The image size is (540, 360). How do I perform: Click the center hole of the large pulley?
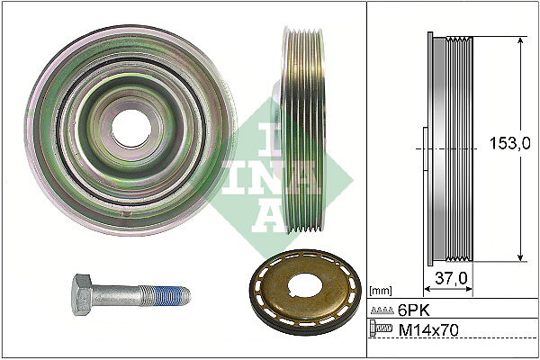pos(131,129)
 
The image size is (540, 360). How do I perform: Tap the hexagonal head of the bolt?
pos(81,294)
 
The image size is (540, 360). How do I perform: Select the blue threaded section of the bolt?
pos(166,296)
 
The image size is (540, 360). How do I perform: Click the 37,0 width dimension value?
pos(451,278)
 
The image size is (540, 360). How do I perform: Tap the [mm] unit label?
pos(381,291)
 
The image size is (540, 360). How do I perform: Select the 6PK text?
pos(414,310)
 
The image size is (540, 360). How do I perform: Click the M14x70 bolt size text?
pos(428,330)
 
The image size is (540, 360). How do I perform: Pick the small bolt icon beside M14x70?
pos(381,328)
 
